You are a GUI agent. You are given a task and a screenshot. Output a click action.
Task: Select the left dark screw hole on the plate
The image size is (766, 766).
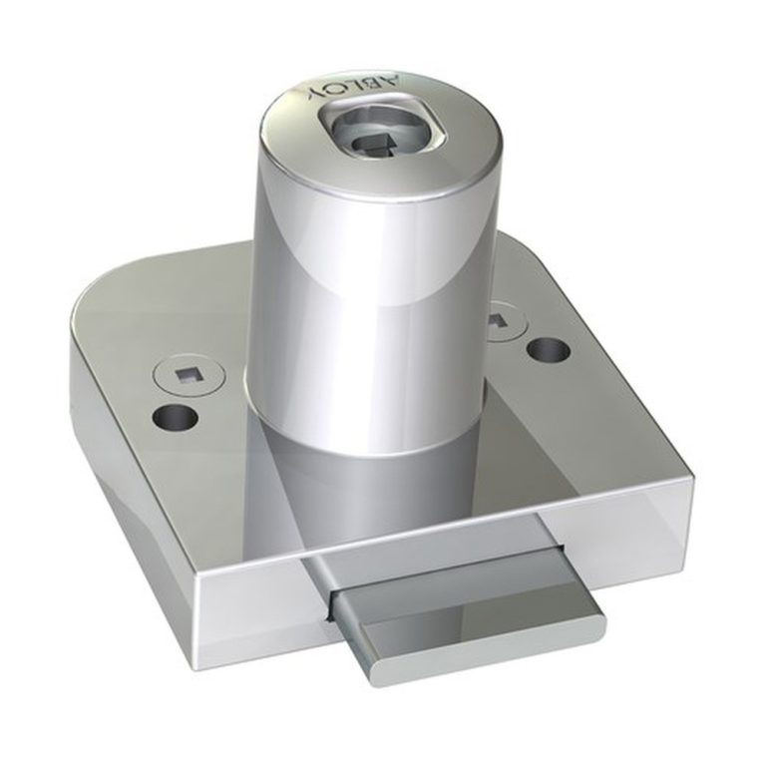175,417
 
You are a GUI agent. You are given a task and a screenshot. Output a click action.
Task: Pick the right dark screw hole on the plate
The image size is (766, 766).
549,350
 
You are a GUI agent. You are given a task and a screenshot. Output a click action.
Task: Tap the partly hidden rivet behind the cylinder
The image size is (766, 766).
507,323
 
